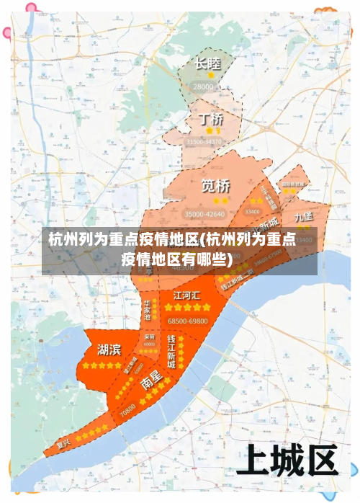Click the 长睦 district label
(207, 63)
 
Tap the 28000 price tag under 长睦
(204, 86)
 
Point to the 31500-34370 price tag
(204, 143)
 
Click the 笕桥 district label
(216, 185)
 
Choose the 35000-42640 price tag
(205, 214)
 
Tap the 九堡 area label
(303, 216)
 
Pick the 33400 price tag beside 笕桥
(253, 212)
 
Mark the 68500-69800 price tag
(187, 321)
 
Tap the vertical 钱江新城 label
(171, 352)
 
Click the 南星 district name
(151, 382)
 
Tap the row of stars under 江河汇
(186, 308)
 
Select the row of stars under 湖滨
(102, 365)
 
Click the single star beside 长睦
(211, 75)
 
